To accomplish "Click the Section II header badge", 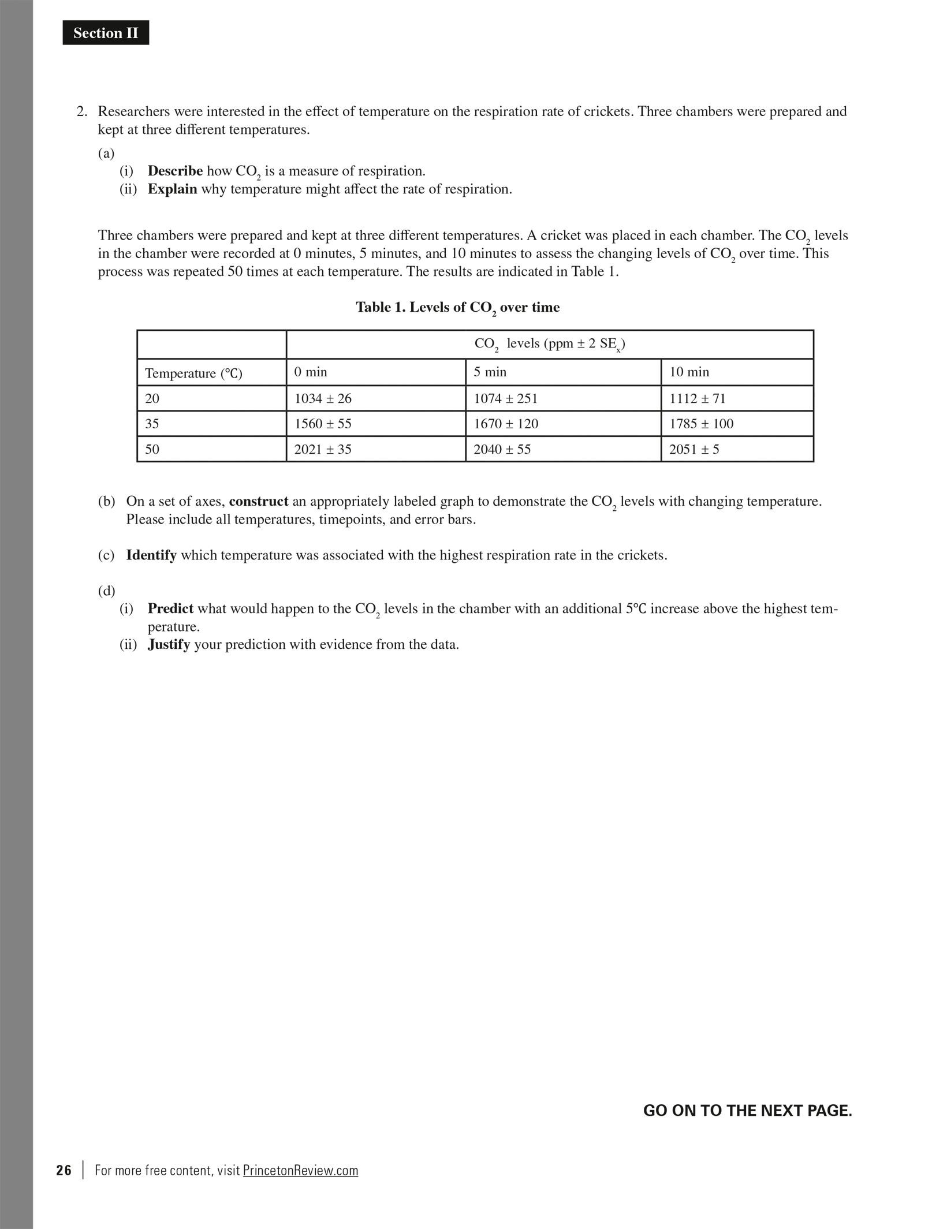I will pos(106,33).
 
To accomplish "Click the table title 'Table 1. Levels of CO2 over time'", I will pos(458,308).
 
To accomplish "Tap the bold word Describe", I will pos(175,171).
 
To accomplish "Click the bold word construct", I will pos(259,501).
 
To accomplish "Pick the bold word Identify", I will pos(151,555).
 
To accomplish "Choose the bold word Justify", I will pos(169,644).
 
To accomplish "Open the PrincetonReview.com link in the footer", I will pos(300,1170).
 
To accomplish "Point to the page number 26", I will pos(64,1170).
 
